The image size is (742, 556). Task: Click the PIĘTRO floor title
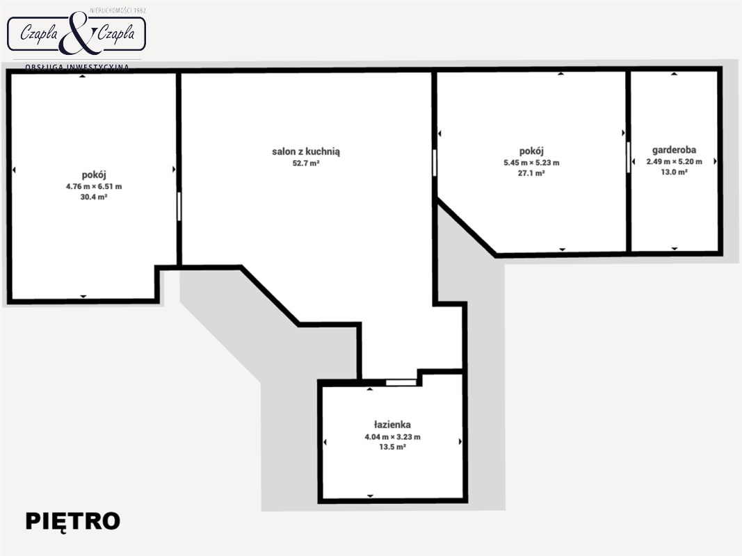[x=72, y=521]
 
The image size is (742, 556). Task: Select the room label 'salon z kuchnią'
[x=306, y=152]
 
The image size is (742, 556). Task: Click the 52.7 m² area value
[x=306, y=163]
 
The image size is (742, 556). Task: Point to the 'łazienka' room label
[x=392, y=425]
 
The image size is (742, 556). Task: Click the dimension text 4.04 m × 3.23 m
[x=392, y=437]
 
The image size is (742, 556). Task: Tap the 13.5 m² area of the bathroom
[x=392, y=447]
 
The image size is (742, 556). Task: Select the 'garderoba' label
[x=674, y=150]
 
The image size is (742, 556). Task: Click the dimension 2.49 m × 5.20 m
[x=674, y=162]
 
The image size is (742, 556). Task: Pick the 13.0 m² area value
[x=674, y=172]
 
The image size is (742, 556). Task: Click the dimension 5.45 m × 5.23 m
[x=531, y=163]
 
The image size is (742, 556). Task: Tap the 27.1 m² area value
[x=531, y=173]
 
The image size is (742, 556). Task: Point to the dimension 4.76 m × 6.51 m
[x=94, y=186]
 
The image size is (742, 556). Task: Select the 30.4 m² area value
[x=94, y=197]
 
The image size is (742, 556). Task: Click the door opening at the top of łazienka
[x=401, y=382]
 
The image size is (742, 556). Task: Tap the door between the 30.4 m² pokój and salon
[x=179, y=206]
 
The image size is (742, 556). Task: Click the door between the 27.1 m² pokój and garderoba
[x=629, y=157]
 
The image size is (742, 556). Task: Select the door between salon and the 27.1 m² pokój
[x=435, y=163]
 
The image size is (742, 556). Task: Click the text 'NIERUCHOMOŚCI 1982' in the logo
[x=118, y=10]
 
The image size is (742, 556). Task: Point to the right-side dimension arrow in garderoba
[x=715, y=161]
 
